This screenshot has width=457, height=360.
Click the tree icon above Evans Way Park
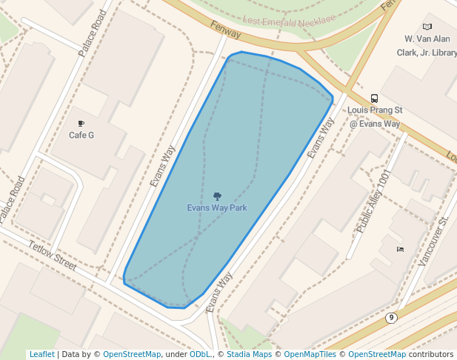(x=217, y=196)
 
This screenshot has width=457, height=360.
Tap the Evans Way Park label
(x=217, y=208)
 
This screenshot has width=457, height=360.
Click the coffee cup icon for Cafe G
(x=81, y=124)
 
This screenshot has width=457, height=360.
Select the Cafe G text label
(x=81, y=135)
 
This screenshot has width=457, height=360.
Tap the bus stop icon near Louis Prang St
(x=375, y=99)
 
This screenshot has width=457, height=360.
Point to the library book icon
(x=427, y=27)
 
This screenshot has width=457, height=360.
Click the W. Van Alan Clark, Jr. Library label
(x=430, y=45)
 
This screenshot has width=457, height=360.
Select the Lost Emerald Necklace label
(x=289, y=21)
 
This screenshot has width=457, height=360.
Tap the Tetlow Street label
(x=53, y=255)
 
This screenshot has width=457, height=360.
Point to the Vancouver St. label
(x=433, y=241)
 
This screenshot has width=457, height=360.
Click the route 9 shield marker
(x=391, y=318)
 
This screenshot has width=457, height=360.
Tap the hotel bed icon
(x=401, y=250)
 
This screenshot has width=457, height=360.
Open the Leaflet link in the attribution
(x=41, y=355)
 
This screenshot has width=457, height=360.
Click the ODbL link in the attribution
(x=200, y=355)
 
